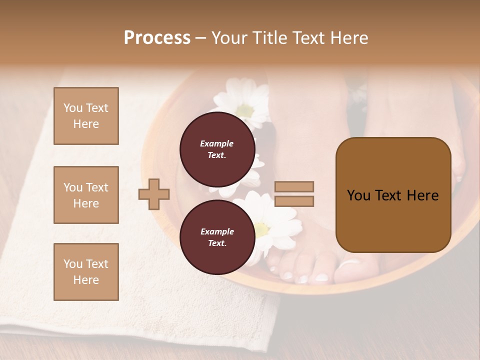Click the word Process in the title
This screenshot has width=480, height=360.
(157, 38)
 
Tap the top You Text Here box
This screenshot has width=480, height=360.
(86, 116)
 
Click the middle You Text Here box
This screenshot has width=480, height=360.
(86, 195)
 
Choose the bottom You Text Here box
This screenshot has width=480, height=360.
(86, 271)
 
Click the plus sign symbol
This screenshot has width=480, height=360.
(154, 194)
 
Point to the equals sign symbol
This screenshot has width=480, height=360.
(294, 194)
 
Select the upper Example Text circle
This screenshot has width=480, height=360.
(217, 149)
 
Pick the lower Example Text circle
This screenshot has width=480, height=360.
(217, 237)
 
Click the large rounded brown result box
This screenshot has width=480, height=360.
(393, 195)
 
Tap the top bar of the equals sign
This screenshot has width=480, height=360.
(294, 186)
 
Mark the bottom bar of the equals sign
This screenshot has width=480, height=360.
(294, 201)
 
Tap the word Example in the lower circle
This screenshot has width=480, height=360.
(217, 231)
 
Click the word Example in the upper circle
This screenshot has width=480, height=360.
(217, 143)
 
